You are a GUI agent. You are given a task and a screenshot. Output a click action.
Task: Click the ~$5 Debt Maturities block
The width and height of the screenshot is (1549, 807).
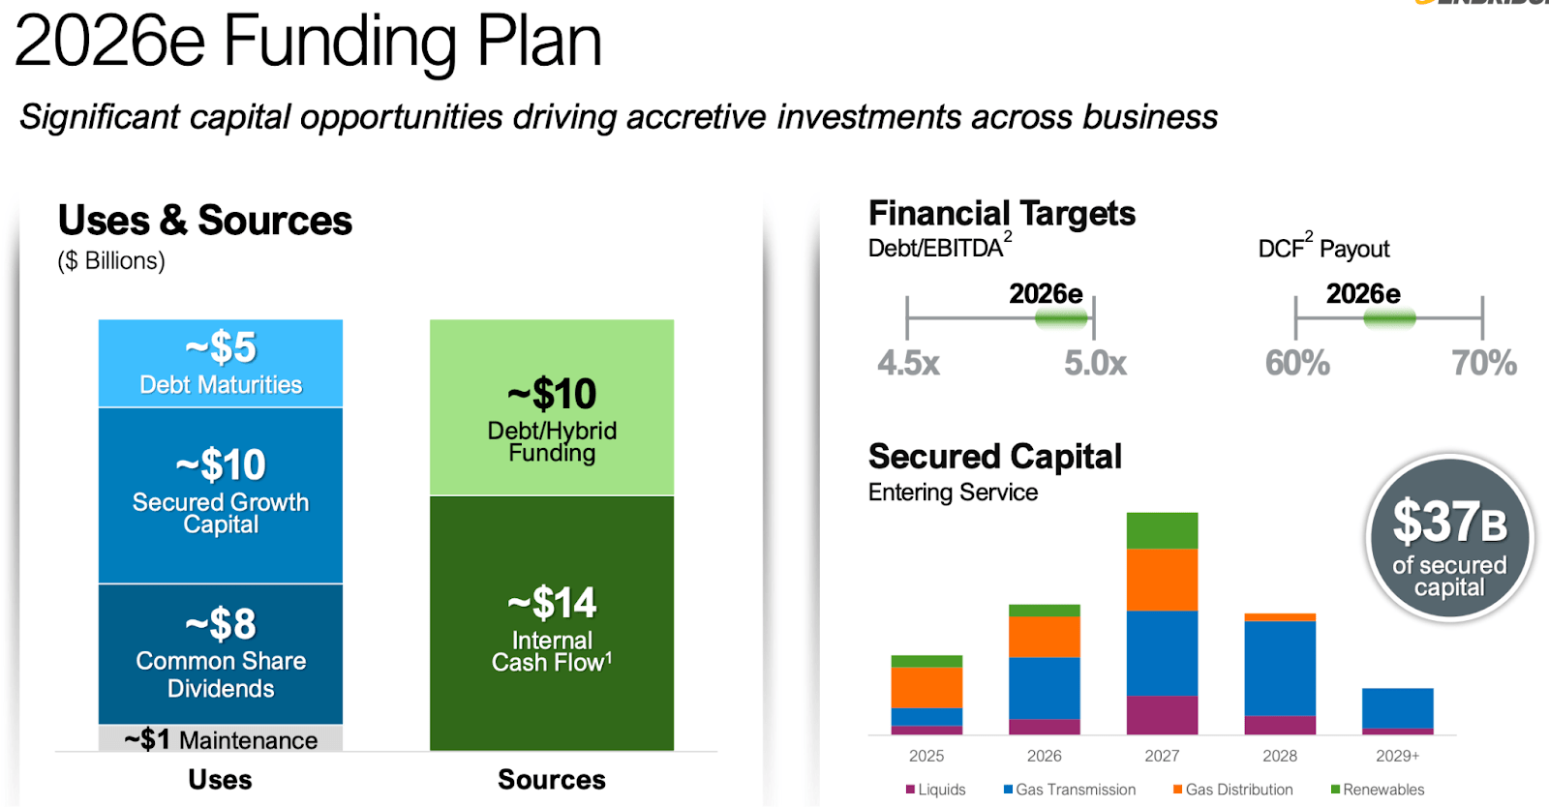click(221, 363)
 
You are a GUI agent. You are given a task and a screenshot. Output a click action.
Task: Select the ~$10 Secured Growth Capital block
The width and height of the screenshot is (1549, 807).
click(221, 494)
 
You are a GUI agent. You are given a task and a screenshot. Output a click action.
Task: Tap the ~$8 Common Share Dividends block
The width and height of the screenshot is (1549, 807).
click(221, 654)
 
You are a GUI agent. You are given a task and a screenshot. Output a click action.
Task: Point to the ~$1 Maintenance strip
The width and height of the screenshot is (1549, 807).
click(221, 739)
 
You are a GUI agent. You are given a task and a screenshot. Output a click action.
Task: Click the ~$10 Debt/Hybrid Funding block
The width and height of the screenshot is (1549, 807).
click(552, 407)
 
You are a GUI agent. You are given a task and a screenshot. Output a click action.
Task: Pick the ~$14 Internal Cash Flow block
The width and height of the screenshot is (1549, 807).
click(552, 623)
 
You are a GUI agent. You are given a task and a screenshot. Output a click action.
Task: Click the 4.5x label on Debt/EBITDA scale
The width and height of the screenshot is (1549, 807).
click(908, 363)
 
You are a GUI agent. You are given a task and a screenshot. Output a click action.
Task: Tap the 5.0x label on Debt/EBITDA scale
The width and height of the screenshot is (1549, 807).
click(1095, 363)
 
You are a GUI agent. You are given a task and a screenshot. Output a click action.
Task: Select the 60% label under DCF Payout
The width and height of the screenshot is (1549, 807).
click(1297, 363)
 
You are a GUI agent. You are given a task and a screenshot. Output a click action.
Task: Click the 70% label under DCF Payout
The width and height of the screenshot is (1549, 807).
click(1483, 363)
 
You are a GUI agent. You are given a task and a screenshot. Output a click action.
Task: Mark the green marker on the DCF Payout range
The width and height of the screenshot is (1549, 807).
click(1389, 318)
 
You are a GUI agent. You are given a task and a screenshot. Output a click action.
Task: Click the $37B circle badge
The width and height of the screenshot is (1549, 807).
click(1449, 538)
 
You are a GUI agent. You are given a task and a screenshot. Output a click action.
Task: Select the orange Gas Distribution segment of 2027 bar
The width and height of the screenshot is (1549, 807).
click(1162, 580)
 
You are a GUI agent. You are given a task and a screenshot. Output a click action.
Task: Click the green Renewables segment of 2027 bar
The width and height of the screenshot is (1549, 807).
click(1162, 530)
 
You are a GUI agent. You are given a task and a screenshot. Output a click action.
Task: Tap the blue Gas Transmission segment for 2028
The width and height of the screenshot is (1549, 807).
click(1280, 668)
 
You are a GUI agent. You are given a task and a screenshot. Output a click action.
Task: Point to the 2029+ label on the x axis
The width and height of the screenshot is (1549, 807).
click(1397, 756)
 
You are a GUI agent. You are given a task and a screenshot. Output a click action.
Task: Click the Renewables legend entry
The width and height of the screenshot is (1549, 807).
click(1378, 790)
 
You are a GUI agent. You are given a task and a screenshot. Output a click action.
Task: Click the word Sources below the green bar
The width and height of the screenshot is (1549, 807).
click(552, 779)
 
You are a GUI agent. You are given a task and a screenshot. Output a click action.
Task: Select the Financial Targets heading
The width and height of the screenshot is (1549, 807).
click(1002, 213)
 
